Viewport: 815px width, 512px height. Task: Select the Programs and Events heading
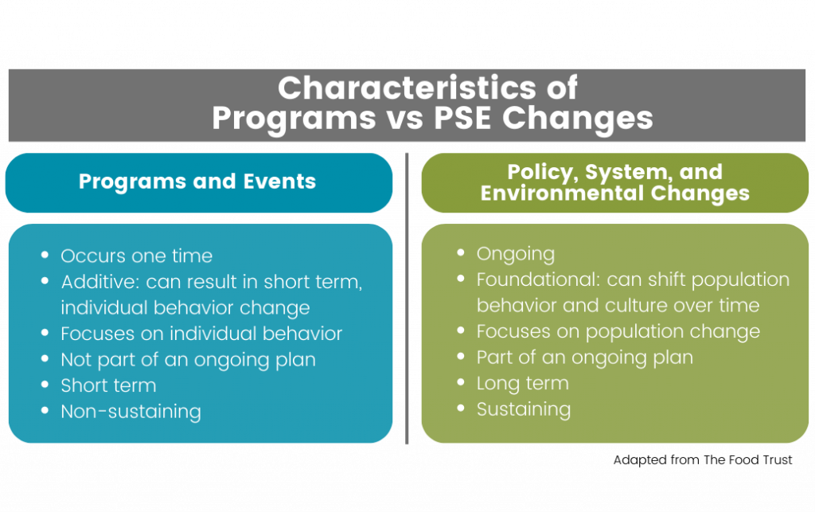point(197,182)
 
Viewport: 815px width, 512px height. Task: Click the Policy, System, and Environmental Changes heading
point(614,182)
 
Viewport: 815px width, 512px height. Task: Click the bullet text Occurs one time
point(136,256)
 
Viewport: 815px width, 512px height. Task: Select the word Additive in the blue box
point(98,282)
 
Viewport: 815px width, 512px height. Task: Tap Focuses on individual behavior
point(201,334)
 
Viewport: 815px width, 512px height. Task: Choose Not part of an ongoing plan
point(188,359)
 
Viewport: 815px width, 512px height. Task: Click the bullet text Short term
point(108,385)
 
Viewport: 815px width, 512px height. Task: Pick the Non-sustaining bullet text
point(131,412)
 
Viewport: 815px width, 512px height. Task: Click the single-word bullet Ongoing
point(515,254)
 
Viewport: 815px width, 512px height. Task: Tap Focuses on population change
point(618,331)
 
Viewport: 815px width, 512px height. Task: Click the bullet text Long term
point(522,383)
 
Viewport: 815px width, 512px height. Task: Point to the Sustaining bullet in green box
point(523,409)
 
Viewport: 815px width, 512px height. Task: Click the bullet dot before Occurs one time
point(46,256)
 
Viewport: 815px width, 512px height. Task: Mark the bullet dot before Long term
point(462,384)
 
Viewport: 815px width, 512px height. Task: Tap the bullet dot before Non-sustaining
point(46,412)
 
